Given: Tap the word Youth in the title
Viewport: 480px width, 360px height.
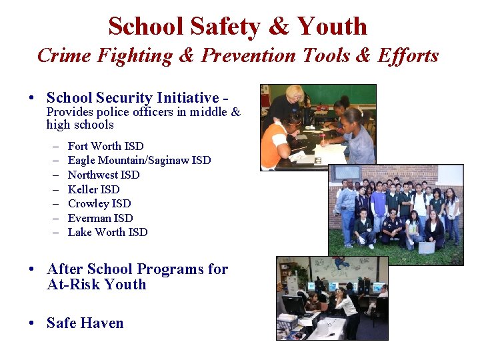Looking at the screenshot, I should pos(332,27).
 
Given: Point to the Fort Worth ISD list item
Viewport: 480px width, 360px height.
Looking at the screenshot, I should pos(105,146).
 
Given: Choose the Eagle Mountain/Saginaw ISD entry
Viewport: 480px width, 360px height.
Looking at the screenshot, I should pos(139,161).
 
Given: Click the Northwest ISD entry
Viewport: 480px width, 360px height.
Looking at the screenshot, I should pos(103,175).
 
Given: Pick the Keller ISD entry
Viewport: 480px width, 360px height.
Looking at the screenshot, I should pos(93,189).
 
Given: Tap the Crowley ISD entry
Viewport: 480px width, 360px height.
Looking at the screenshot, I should pos(99,204).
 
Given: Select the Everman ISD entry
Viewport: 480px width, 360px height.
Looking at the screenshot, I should pos(100,218).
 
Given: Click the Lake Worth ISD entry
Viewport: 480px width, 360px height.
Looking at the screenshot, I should pos(107,233).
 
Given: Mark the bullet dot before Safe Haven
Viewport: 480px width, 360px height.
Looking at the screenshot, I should pos(32,324).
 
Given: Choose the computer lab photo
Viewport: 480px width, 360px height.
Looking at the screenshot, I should pos(331,298).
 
